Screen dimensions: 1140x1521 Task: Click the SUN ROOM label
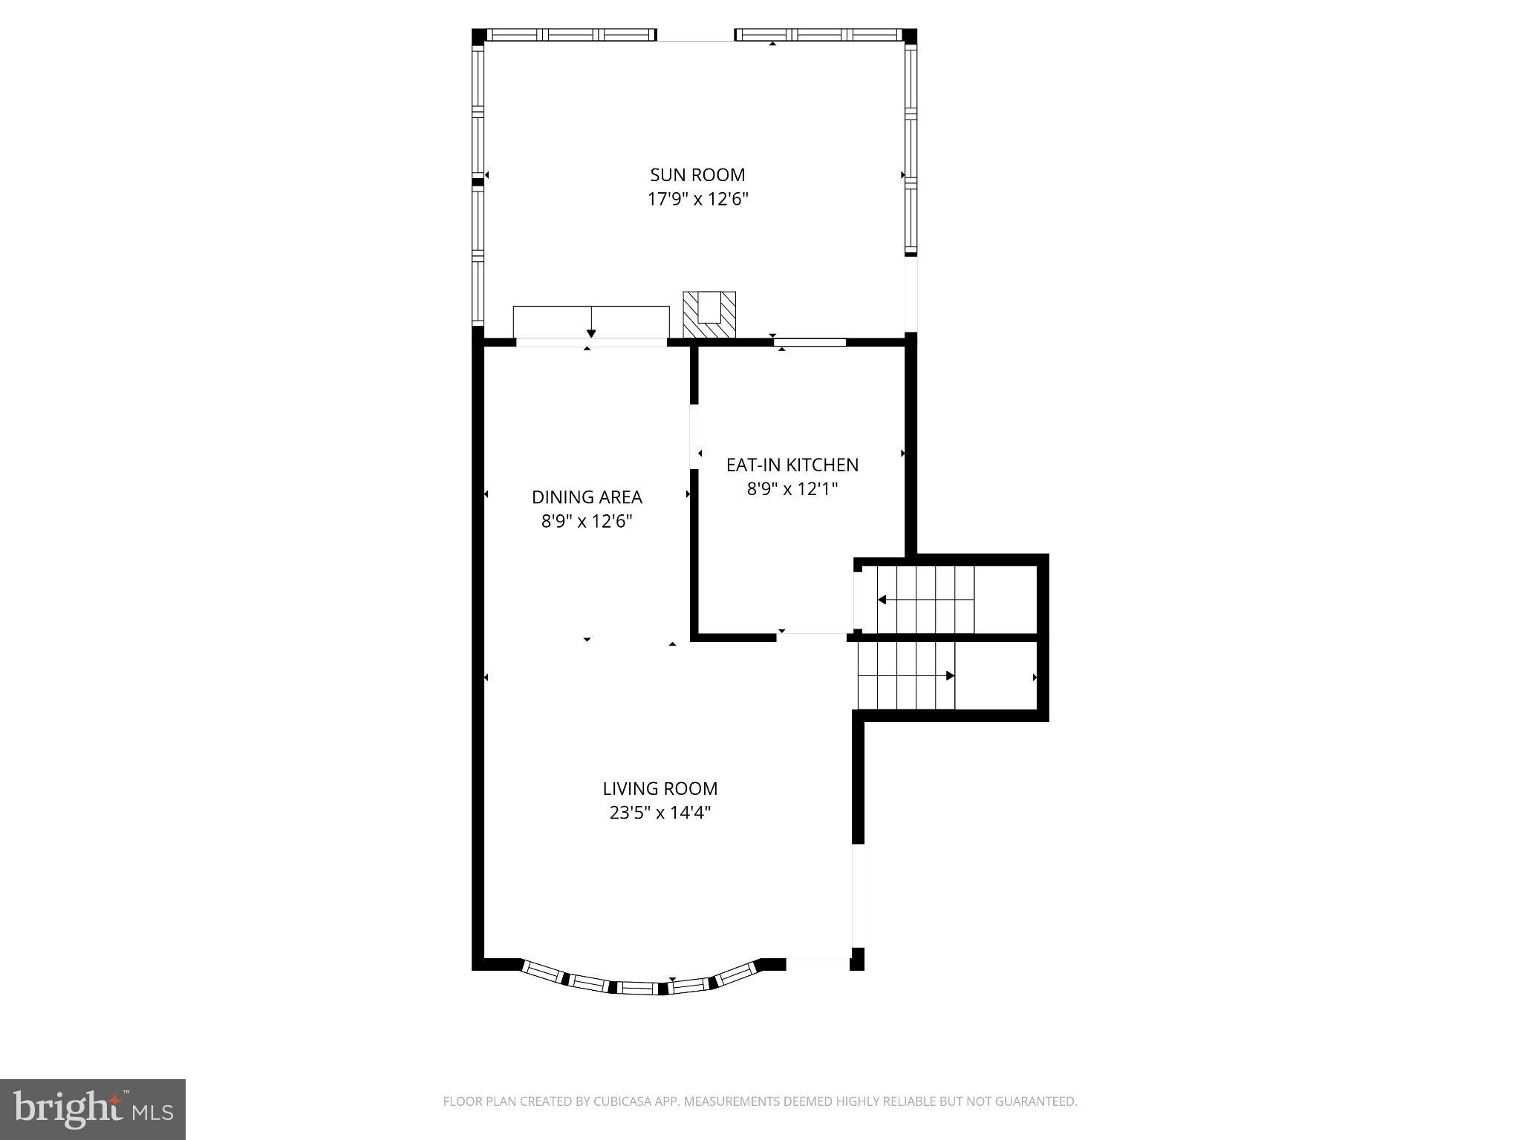tap(697, 175)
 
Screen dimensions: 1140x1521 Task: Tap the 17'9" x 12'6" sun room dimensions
tap(697, 200)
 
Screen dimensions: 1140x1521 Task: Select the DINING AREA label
tap(587, 497)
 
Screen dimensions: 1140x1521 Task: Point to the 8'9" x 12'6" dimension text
tap(587, 522)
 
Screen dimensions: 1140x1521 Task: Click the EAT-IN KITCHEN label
tap(792, 465)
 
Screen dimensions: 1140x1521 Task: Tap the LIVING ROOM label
tap(659, 789)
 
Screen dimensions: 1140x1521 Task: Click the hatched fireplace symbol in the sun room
tap(709, 315)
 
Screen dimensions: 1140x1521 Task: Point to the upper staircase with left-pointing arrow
tap(925, 600)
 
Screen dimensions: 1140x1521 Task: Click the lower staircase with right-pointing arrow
tap(906, 676)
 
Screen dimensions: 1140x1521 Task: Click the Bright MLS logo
tap(93, 1109)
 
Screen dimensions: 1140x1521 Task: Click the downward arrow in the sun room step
tap(591, 331)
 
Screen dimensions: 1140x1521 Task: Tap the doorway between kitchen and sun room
tap(810, 342)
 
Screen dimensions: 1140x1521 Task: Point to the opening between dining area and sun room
tap(591, 342)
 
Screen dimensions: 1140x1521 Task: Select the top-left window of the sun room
tap(570, 35)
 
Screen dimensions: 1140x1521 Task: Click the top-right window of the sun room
tap(818, 35)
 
